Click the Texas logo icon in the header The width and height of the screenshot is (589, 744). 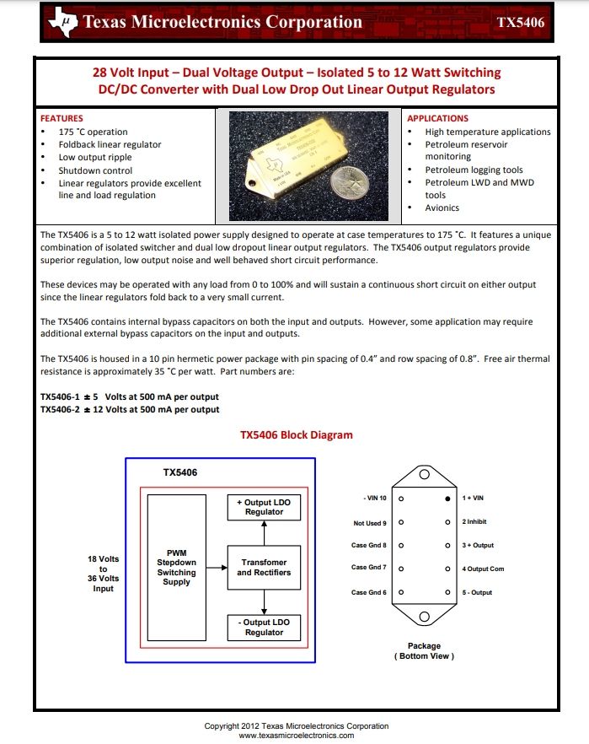click(64, 22)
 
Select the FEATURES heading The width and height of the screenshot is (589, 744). click(62, 119)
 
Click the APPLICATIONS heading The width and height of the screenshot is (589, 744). click(438, 119)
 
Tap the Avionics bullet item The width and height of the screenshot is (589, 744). click(442, 208)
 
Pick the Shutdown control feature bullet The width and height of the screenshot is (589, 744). click(95, 170)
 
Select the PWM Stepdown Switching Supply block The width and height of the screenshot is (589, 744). click(176, 567)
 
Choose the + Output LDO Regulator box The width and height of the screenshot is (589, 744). click(264, 507)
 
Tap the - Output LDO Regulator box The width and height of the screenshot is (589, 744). click(264, 627)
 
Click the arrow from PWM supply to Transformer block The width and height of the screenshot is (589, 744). click(217, 567)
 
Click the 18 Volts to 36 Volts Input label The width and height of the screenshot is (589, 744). click(103, 573)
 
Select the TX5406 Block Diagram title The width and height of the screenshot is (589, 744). click(296, 435)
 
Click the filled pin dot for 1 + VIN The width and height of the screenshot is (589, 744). click(448, 499)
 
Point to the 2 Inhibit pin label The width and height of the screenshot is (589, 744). click(474, 522)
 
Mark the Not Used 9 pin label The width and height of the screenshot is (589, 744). click(370, 523)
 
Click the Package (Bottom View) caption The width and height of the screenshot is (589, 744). click(424, 651)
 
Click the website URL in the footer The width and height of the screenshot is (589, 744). click(297, 736)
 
